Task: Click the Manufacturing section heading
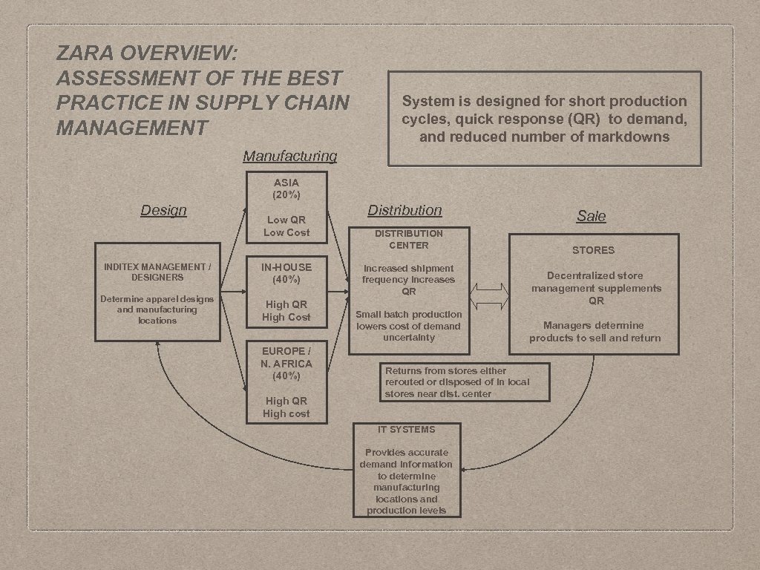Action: tap(289, 156)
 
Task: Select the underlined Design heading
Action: tap(163, 210)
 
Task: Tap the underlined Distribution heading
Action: tap(404, 210)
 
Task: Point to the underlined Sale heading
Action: tap(592, 216)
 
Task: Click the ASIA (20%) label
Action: tap(286, 189)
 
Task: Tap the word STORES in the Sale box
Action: tap(593, 250)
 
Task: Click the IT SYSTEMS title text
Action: tap(406, 429)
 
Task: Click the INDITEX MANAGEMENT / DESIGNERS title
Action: tap(157, 271)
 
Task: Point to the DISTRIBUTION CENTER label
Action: tap(409, 239)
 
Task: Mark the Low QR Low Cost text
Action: tap(287, 226)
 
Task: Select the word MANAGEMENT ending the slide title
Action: tap(131, 128)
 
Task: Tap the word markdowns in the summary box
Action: tap(630, 137)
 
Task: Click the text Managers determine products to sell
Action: tap(594, 332)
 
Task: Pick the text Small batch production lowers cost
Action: tap(409, 326)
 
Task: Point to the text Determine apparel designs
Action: tap(157, 309)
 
